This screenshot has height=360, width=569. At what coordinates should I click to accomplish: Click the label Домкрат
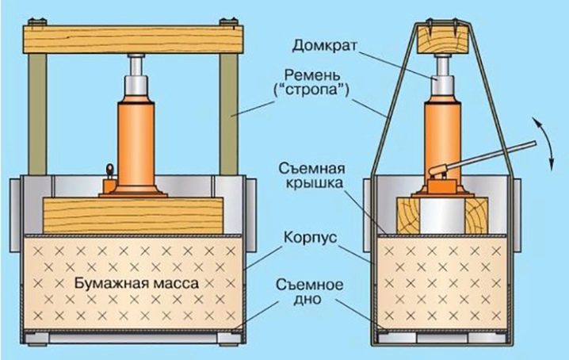click(x=325, y=46)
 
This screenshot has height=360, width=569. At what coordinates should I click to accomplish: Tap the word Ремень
click(x=313, y=75)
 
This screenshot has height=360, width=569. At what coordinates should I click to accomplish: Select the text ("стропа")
click(x=311, y=90)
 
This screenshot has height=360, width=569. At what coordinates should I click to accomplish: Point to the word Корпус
click(x=311, y=239)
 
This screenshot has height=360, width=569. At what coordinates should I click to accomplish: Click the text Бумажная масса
click(x=137, y=283)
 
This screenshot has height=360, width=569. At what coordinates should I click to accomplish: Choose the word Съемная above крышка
click(x=311, y=169)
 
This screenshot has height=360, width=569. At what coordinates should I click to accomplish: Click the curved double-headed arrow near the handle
click(x=545, y=144)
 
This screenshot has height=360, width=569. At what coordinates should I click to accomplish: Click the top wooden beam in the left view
click(x=132, y=39)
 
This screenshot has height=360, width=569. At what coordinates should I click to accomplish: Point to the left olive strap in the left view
click(x=38, y=114)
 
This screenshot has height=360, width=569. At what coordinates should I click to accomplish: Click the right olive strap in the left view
click(x=228, y=114)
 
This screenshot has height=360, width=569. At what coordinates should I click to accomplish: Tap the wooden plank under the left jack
click(x=133, y=216)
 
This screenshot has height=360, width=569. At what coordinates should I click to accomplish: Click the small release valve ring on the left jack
click(x=109, y=169)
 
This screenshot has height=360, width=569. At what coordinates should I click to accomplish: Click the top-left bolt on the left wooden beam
click(x=33, y=22)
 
